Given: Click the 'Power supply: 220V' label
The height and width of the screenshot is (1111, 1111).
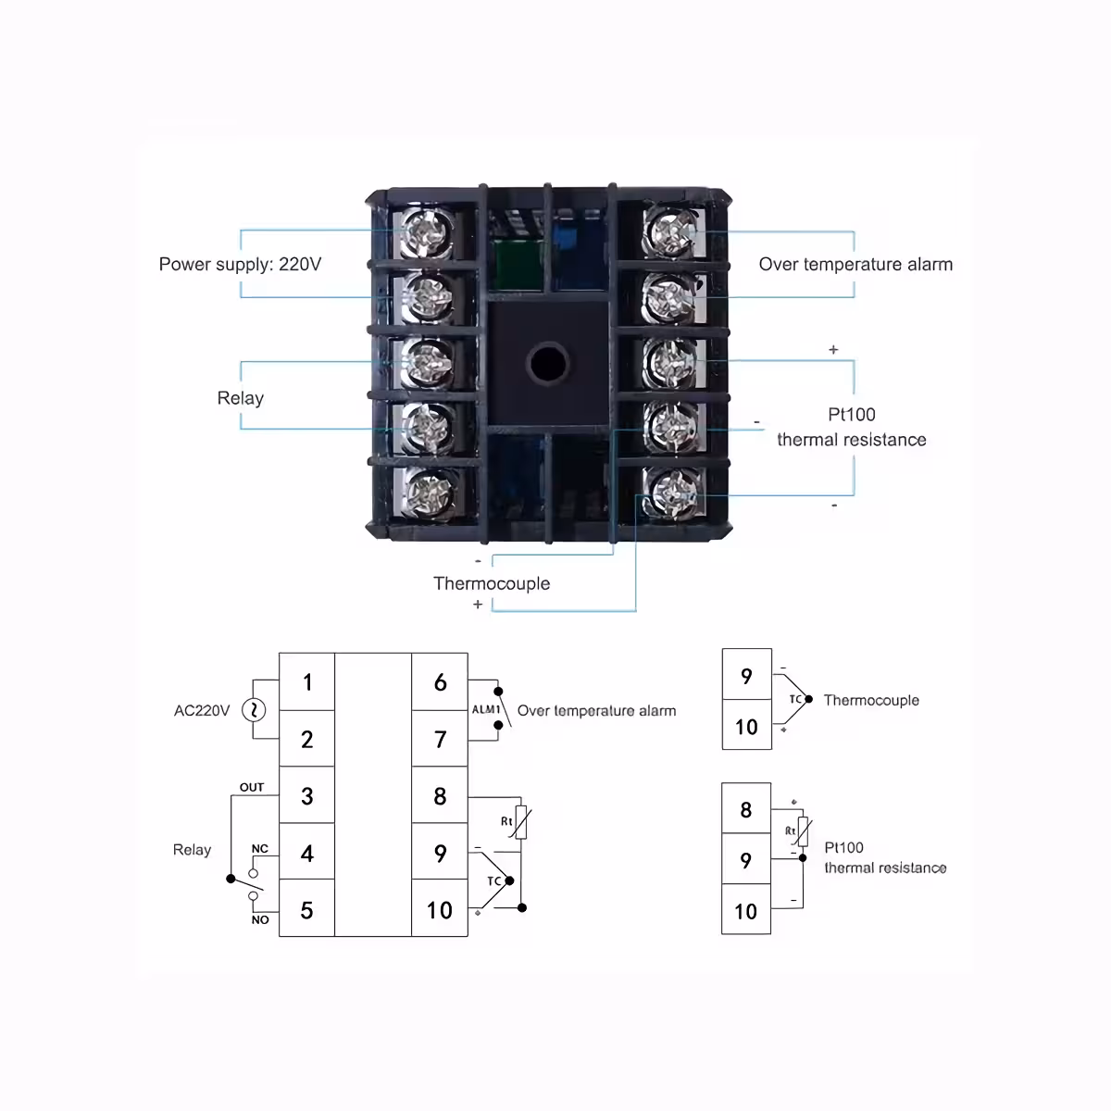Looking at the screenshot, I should pos(240,264).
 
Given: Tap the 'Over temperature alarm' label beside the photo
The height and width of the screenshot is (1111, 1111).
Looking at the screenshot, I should pos(855,264).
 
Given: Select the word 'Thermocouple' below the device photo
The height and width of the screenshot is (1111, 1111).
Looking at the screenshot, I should pos(492,583).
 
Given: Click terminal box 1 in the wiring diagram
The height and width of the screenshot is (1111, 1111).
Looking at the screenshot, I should pos(307,682).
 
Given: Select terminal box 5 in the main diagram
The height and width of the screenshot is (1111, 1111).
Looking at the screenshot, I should pos(307,909).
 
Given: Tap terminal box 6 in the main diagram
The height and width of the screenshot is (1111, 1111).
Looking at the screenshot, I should pos(440,682).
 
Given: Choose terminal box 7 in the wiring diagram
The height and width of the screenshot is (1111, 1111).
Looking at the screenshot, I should pos(440,739).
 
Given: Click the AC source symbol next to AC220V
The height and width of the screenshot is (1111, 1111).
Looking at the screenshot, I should pos(253,710).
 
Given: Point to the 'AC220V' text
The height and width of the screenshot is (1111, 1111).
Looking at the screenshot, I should pos(202,710).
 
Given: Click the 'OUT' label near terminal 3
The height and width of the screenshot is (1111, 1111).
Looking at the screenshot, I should pos(252,787).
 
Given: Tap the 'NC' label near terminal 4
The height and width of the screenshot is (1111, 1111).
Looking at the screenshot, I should pos(259,848).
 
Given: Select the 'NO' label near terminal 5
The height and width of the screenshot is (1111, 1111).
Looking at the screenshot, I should pos(259,919).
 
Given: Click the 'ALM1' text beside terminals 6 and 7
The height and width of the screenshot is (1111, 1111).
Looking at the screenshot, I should pos(486,710).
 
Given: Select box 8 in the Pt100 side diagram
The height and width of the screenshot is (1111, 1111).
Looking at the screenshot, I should pos(746,809).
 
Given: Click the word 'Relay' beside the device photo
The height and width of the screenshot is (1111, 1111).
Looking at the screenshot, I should pos(240,398).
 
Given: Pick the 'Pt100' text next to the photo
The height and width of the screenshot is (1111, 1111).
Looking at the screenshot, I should pos(851,415).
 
